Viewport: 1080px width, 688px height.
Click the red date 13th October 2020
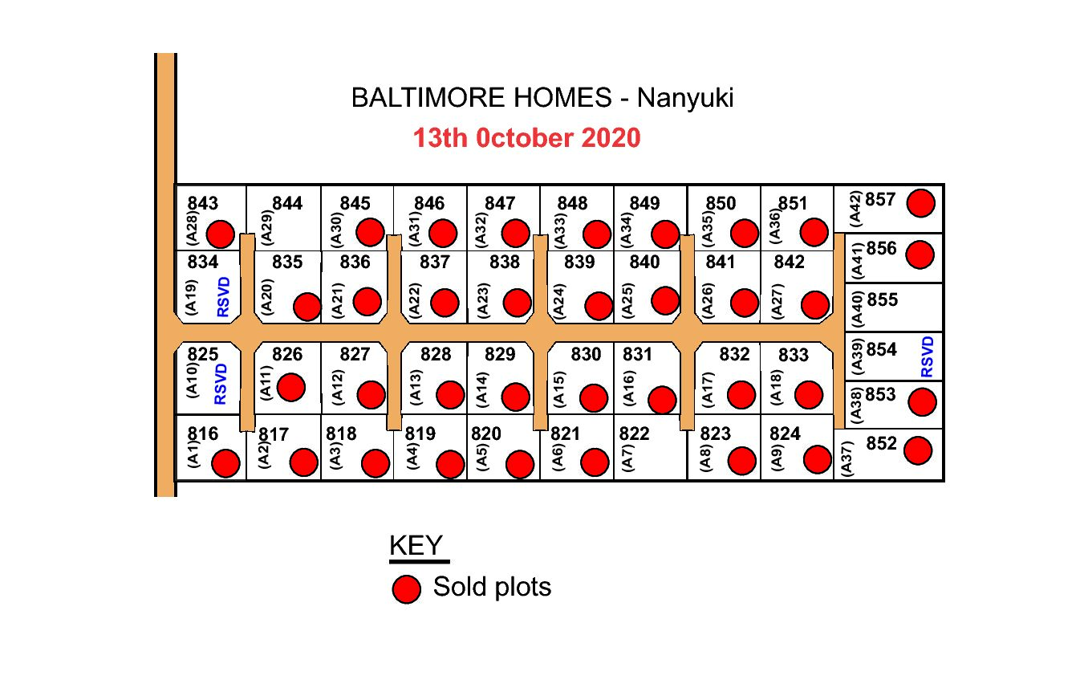[526, 138]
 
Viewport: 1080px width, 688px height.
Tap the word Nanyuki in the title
[685, 98]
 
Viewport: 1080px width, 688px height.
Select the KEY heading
[416, 546]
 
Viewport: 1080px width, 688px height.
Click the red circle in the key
[407, 589]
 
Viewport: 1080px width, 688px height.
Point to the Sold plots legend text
[492, 587]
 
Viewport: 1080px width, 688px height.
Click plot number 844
[287, 203]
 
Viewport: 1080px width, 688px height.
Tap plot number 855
[883, 299]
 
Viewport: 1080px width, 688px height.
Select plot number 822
[634, 434]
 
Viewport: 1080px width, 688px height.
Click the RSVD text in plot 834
[223, 297]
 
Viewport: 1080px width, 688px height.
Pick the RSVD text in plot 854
[928, 357]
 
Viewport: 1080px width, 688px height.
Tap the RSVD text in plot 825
[221, 384]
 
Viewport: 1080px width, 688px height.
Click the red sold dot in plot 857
[921, 203]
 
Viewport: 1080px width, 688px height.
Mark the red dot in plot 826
[290, 387]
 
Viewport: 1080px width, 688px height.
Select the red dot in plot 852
[918, 450]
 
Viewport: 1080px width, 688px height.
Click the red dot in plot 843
[221, 234]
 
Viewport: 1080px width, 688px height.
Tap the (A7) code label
[627, 458]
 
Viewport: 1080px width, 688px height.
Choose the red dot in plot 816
[225, 464]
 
